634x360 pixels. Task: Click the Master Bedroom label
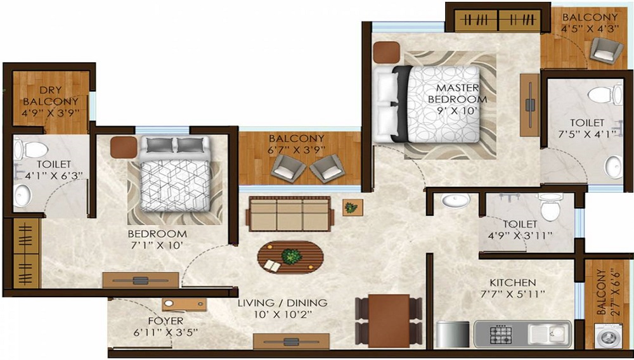pyautogui.click(x=457, y=93)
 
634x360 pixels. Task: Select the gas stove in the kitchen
pyautogui.click(x=501, y=335)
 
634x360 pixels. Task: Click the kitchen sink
pyautogui.click(x=550, y=334)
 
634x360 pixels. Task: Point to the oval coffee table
pyautogui.click(x=291, y=258)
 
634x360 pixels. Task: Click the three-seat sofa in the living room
pyautogui.click(x=290, y=214)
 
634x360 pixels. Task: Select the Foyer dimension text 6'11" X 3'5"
pyautogui.click(x=165, y=333)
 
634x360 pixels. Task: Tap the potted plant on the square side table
pyautogui.click(x=351, y=208)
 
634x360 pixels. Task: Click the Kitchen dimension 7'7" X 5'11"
pyautogui.click(x=513, y=293)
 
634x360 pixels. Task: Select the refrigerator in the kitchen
pyautogui.click(x=453, y=334)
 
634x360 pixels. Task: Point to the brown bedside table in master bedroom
pyautogui.click(x=386, y=52)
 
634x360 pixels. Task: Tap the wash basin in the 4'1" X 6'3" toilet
pyautogui.click(x=22, y=196)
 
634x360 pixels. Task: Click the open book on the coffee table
pyautogui.click(x=272, y=266)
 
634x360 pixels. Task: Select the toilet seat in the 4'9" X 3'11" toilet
pyautogui.click(x=550, y=207)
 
